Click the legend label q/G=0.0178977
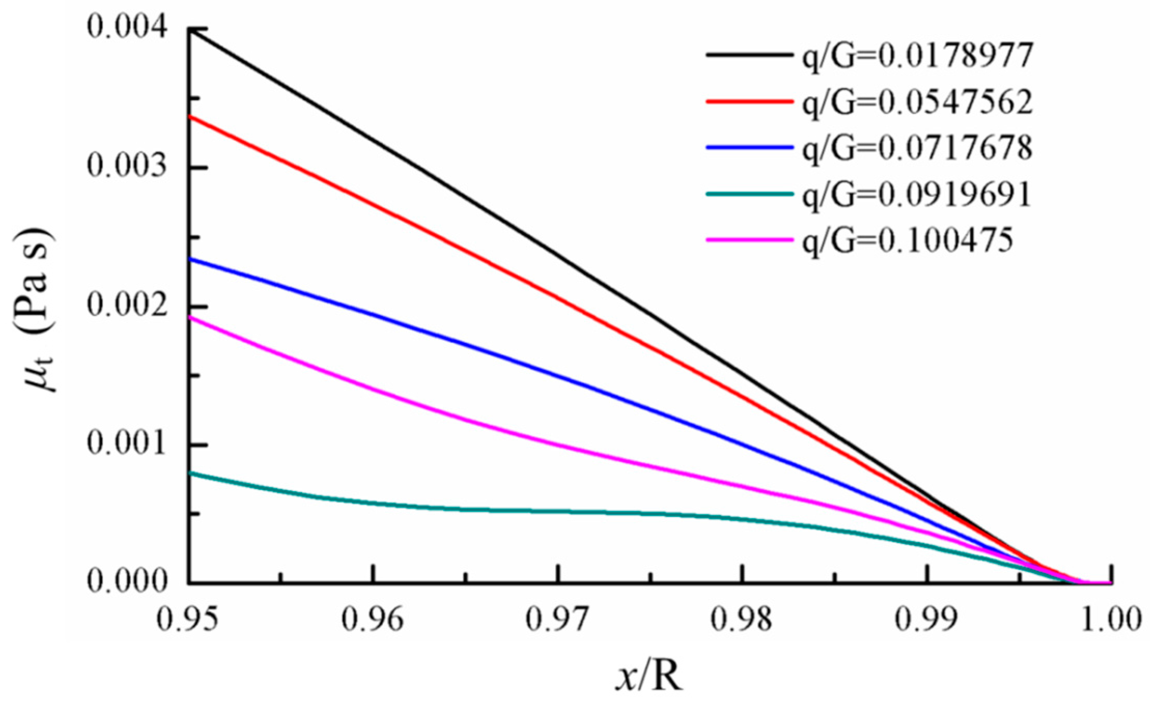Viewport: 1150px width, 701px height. [917, 56]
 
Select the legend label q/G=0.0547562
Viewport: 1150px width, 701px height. [917, 103]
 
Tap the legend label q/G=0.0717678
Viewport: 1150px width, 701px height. [917, 148]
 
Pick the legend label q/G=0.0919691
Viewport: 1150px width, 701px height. [917, 194]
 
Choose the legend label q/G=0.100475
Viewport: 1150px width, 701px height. [907, 240]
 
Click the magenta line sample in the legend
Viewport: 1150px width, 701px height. [749, 240]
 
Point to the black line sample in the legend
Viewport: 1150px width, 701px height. [749, 54]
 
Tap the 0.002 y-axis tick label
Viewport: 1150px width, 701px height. [127, 305]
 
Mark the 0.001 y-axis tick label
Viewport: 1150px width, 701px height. [127, 444]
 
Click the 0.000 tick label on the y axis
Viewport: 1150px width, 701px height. [127, 581]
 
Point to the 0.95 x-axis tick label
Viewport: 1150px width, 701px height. [188, 620]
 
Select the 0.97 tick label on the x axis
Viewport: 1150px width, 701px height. [557, 620]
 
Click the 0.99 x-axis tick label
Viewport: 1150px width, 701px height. [927, 620]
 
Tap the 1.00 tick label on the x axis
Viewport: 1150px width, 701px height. [1111, 620]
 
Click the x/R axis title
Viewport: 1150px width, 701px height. [649, 676]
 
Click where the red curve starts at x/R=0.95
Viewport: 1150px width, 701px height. [189, 116]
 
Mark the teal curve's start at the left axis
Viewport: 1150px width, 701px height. [189, 473]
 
